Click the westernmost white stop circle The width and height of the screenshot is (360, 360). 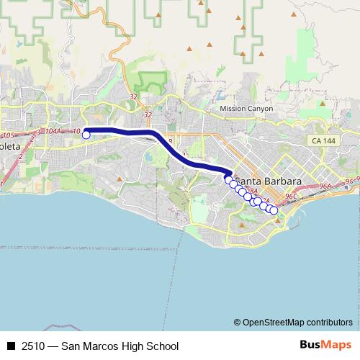(x=86, y=134)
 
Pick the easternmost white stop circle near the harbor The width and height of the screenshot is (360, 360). (x=274, y=210)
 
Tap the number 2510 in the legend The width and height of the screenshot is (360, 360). (x=33, y=346)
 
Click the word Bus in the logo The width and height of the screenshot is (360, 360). (x=310, y=346)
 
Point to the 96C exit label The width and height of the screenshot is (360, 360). (x=292, y=195)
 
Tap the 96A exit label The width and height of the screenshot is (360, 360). (x=325, y=186)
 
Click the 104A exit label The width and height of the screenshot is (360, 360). (x=53, y=131)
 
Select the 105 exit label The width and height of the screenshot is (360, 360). (x=9, y=135)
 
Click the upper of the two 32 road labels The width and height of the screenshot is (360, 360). (x=133, y=96)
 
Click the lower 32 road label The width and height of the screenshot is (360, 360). (x=148, y=114)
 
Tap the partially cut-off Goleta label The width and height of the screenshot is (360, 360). (x=11, y=147)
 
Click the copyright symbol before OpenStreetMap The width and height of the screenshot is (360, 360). (x=238, y=322)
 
